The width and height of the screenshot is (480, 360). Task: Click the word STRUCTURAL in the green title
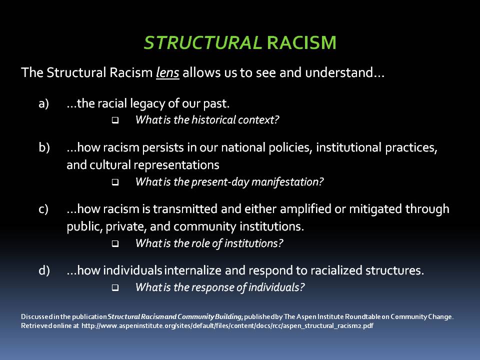tap(202, 43)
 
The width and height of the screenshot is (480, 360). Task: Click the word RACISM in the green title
tap(301, 43)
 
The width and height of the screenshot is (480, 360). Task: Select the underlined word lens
tap(167, 73)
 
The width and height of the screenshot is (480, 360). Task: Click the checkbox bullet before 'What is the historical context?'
tap(115, 120)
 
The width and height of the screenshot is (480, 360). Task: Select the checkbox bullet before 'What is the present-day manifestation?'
tap(115, 182)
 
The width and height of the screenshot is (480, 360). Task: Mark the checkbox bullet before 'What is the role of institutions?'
tap(115, 244)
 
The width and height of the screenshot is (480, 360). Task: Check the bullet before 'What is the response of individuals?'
tap(115, 288)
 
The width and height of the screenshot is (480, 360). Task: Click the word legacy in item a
tap(136, 104)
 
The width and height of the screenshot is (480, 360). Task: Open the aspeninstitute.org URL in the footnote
tap(227, 326)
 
